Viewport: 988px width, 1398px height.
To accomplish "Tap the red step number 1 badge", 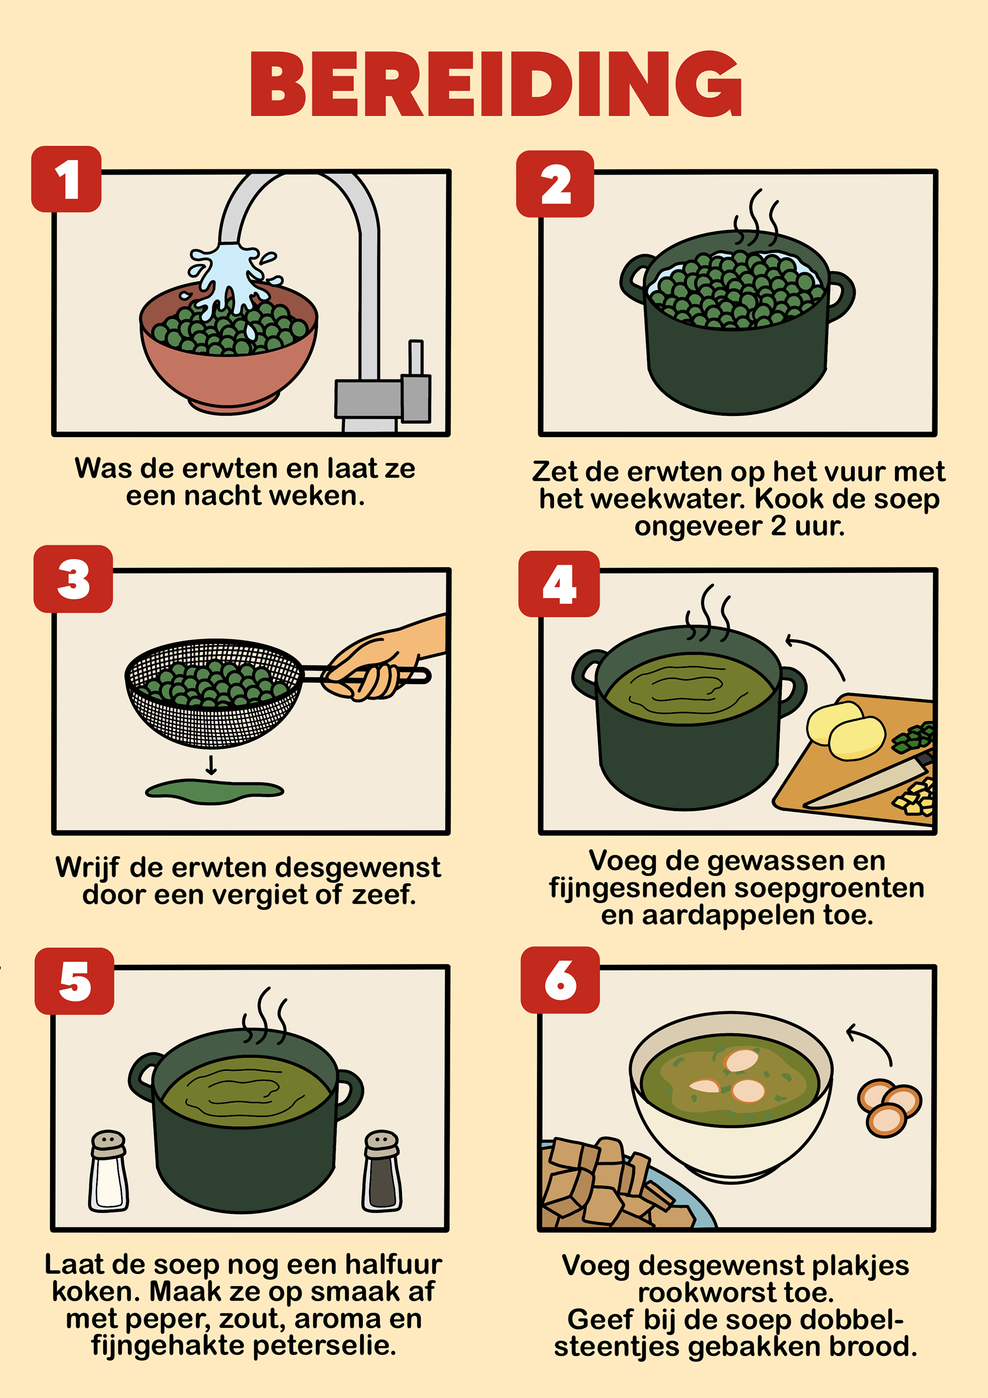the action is point(66,179).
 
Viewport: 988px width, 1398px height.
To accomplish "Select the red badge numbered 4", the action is point(559,584).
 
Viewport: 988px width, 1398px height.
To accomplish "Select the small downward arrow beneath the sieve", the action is point(211,765).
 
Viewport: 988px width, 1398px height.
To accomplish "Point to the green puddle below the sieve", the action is point(214,790).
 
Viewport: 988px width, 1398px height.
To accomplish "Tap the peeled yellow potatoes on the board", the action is point(845,729).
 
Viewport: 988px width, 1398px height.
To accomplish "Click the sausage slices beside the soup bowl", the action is point(889,1108).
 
